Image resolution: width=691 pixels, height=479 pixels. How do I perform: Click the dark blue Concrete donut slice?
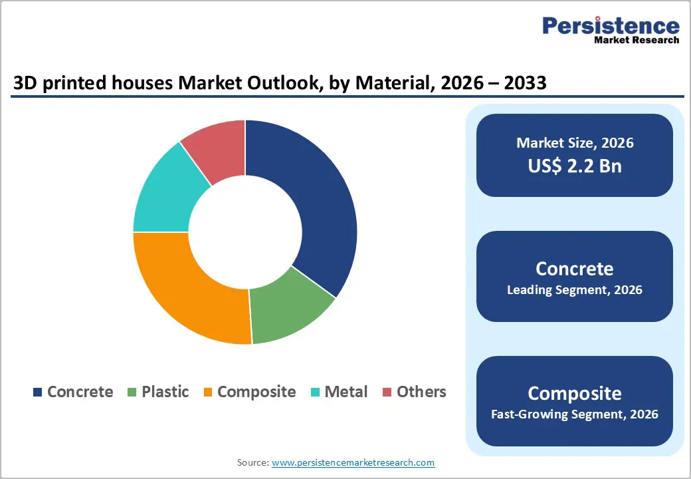pyautogui.click(x=312, y=200)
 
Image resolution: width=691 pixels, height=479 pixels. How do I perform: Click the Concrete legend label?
pyautogui.click(x=80, y=392)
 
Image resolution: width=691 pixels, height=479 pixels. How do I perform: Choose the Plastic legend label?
pyautogui.click(x=165, y=392)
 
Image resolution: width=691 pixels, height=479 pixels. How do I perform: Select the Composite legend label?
pyautogui.click(x=256, y=392)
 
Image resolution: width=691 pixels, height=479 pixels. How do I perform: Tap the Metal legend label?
pyautogui.click(x=345, y=392)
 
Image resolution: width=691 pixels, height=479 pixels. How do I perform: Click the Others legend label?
pyautogui.click(x=421, y=392)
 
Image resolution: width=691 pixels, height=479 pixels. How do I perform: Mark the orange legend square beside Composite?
pyautogui.click(x=207, y=393)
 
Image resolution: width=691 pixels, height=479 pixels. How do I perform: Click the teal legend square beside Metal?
pyautogui.click(x=315, y=393)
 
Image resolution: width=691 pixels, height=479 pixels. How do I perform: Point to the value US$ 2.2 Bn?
pyautogui.click(x=575, y=166)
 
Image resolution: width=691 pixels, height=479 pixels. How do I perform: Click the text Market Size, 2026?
pyautogui.click(x=575, y=143)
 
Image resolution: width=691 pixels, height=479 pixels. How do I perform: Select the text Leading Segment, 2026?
pyautogui.click(x=575, y=290)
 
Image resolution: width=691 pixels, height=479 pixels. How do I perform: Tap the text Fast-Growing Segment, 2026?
pyautogui.click(x=575, y=414)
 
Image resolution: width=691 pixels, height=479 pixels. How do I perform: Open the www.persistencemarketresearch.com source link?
pyautogui.click(x=353, y=462)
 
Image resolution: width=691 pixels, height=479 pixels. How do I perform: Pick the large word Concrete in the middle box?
pyautogui.click(x=575, y=268)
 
